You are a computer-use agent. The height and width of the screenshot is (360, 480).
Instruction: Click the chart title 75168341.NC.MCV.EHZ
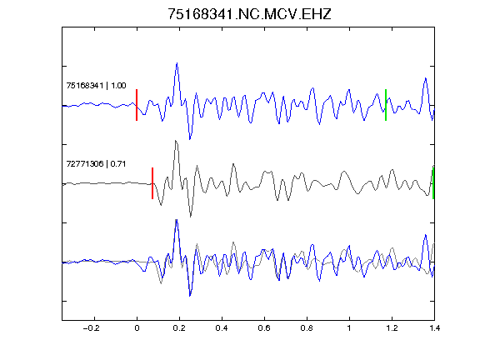click(249, 14)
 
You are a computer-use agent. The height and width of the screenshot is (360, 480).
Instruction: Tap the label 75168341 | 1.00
click(96, 85)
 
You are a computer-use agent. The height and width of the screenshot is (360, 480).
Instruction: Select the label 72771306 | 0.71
click(96, 164)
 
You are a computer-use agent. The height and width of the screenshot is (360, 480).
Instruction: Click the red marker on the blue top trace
click(137, 105)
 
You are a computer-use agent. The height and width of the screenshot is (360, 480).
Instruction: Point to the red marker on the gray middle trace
click(152, 183)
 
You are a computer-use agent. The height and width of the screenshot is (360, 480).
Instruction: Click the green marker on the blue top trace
click(386, 105)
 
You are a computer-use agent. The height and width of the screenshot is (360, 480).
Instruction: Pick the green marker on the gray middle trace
click(433, 183)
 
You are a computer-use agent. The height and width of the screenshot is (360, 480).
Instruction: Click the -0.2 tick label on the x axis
click(92, 328)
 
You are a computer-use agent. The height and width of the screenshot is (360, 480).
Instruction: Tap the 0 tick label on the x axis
click(137, 328)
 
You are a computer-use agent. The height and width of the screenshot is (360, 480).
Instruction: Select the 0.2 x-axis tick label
click(179, 328)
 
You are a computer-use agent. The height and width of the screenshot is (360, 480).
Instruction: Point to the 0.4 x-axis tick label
click(222, 328)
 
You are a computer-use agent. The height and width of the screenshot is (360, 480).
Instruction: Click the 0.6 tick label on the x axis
click(264, 328)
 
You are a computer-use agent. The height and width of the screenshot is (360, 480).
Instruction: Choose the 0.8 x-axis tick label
click(307, 328)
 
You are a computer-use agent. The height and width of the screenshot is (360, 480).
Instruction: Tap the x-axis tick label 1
click(349, 328)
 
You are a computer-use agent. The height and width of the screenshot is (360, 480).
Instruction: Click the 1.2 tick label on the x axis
click(392, 328)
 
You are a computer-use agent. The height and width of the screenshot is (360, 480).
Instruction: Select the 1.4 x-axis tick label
click(435, 328)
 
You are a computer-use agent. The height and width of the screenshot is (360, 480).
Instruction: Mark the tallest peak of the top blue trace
click(177, 63)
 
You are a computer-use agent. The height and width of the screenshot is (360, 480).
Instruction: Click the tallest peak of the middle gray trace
click(176, 141)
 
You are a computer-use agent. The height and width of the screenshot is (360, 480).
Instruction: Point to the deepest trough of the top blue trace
click(190, 139)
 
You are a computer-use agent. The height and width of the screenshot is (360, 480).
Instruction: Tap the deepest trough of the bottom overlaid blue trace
click(190, 296)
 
